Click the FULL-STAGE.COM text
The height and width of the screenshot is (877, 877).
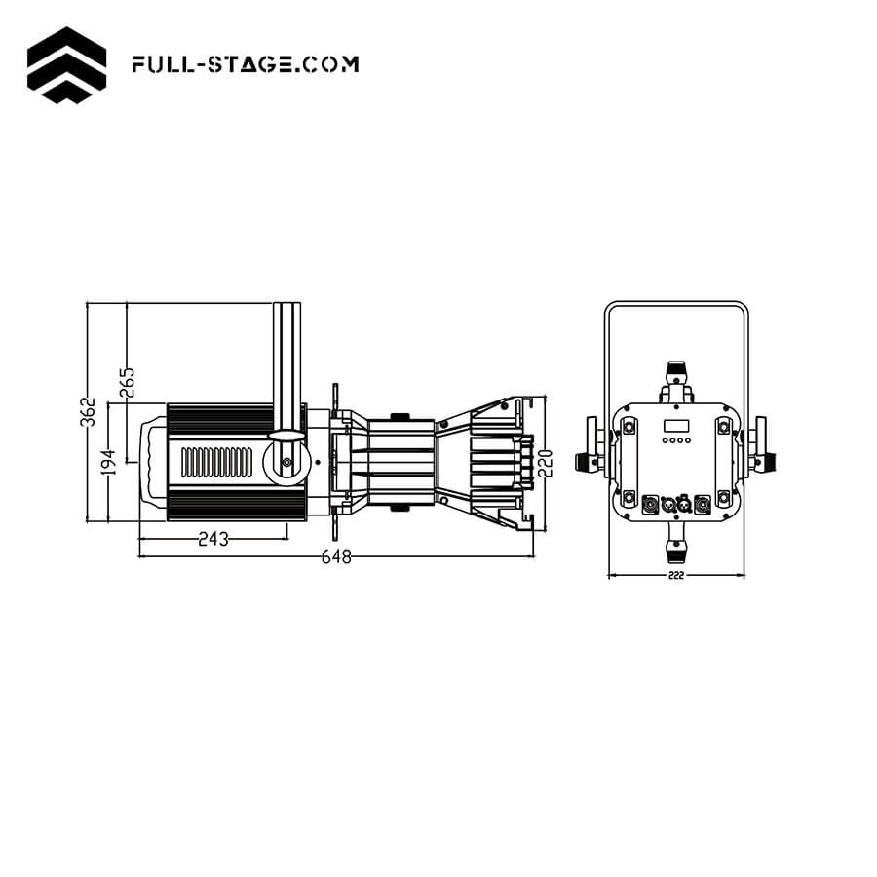tap(245, 64)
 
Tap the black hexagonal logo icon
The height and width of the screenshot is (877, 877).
tap(66, 64)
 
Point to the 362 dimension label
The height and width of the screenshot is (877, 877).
tap(89, 411)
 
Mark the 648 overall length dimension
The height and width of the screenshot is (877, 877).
tap(335, 556)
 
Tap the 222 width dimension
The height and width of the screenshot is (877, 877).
tap(676, 576)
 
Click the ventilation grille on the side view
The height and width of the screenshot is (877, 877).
tap(219, 461)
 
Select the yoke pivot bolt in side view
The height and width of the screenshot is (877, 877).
tap(286, 462)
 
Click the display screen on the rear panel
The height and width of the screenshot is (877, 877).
tap(676, 426)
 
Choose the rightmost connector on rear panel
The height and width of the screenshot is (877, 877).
tap(701, 504)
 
